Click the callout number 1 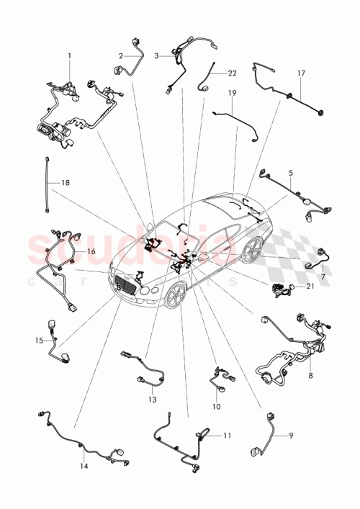tap(70, 55)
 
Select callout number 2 tap(122, 55)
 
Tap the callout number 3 tap(156, 54)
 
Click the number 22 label tap(232, 73)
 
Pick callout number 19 tap(233, 93)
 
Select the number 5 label tap(291, 174)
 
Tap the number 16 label tap(91, 251)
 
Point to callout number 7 tap(322, 276)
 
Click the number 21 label tap(310, 286)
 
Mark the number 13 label tap(152, 400)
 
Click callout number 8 tap(310, 374)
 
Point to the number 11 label tap(228, 436)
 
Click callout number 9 tap(291, 435)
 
